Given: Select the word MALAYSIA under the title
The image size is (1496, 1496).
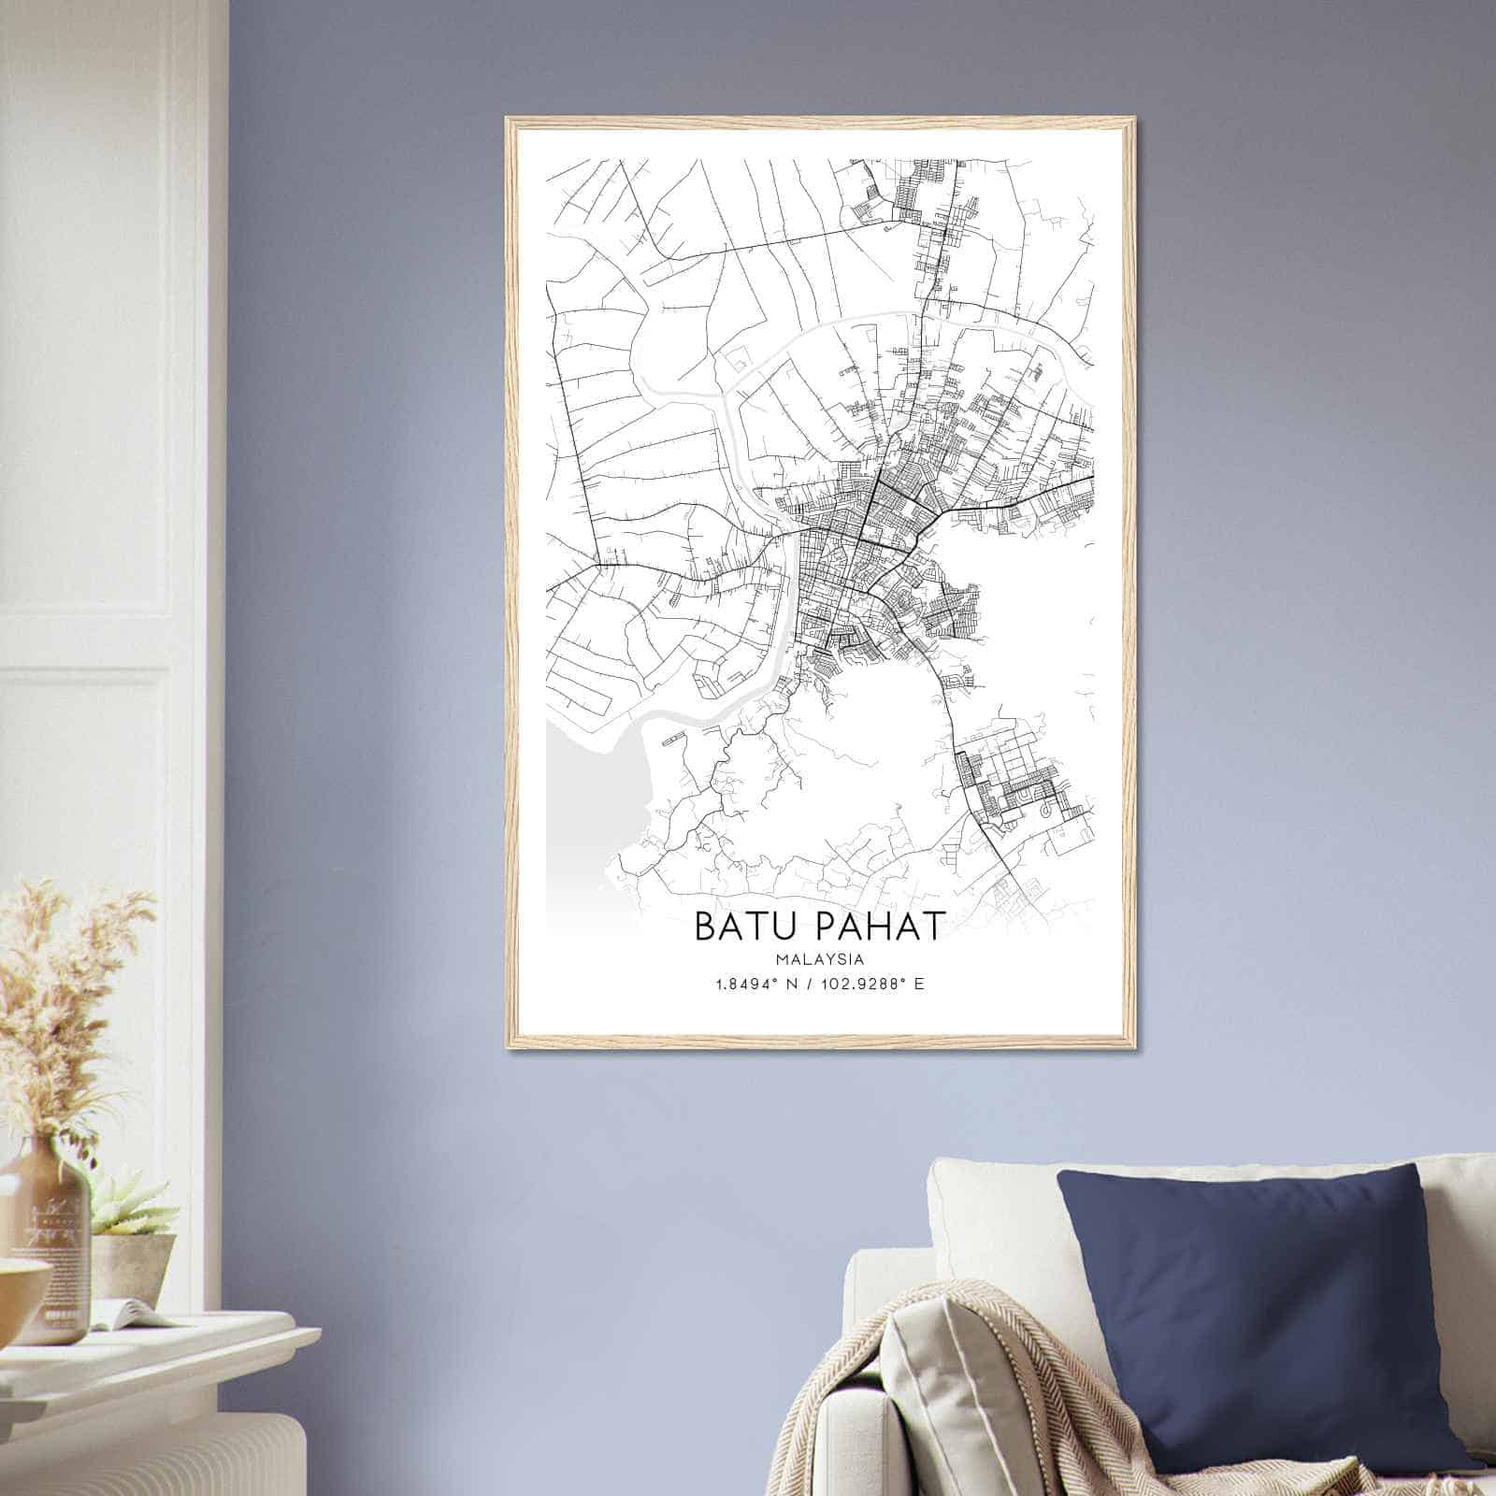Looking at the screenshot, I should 819,959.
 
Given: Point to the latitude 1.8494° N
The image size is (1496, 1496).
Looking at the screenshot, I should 755,985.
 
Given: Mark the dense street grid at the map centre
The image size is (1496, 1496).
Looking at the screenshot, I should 860,542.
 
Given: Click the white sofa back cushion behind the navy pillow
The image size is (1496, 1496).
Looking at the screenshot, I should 991,1206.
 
